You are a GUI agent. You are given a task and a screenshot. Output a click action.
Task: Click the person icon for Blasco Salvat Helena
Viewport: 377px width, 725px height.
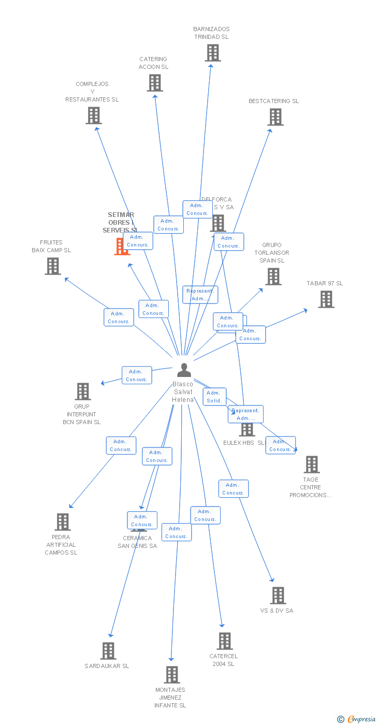[184, 370]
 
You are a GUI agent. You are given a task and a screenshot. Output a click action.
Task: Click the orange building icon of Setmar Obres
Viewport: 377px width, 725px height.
[121, 247]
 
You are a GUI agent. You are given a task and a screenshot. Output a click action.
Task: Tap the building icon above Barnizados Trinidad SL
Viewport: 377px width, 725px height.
[212, 53]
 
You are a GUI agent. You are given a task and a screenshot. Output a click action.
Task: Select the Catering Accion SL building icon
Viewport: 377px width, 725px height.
[154, 83]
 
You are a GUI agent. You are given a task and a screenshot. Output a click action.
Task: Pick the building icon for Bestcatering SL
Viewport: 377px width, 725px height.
[275, 117]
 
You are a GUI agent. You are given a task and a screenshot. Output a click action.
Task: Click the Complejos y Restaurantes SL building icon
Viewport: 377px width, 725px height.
[93, 115]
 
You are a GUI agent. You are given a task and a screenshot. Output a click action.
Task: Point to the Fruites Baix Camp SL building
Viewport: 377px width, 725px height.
[52, 266]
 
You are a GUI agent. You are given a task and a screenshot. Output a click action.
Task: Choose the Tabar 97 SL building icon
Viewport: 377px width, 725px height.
[326, 299]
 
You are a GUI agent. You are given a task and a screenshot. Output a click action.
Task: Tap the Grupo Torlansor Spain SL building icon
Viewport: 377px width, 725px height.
[273, 277]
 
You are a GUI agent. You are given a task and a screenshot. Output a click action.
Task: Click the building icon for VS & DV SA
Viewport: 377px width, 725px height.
[278, 596]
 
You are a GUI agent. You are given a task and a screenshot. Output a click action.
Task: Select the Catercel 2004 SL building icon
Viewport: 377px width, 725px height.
[224, 641]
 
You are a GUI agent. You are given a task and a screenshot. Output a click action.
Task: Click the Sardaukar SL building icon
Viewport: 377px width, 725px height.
[108, 651]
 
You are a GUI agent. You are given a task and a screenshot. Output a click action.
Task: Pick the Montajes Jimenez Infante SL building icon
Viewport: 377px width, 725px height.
[171, 675]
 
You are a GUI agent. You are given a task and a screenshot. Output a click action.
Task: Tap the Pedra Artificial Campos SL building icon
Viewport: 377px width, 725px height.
[62, 522]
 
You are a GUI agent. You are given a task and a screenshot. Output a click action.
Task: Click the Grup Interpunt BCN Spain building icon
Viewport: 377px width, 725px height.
[82, 392]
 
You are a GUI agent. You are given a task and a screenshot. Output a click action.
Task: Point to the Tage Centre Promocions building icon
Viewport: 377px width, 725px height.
[311, 465]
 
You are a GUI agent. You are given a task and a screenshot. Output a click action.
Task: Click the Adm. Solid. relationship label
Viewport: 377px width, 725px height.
[214, 397]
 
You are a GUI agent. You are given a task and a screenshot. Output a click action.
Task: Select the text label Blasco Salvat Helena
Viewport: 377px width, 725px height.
[183, 392]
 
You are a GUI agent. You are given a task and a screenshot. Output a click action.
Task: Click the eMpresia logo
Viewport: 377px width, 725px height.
[359, 719]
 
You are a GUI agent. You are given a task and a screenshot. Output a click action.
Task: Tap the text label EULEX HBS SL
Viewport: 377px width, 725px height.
[243, 443]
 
